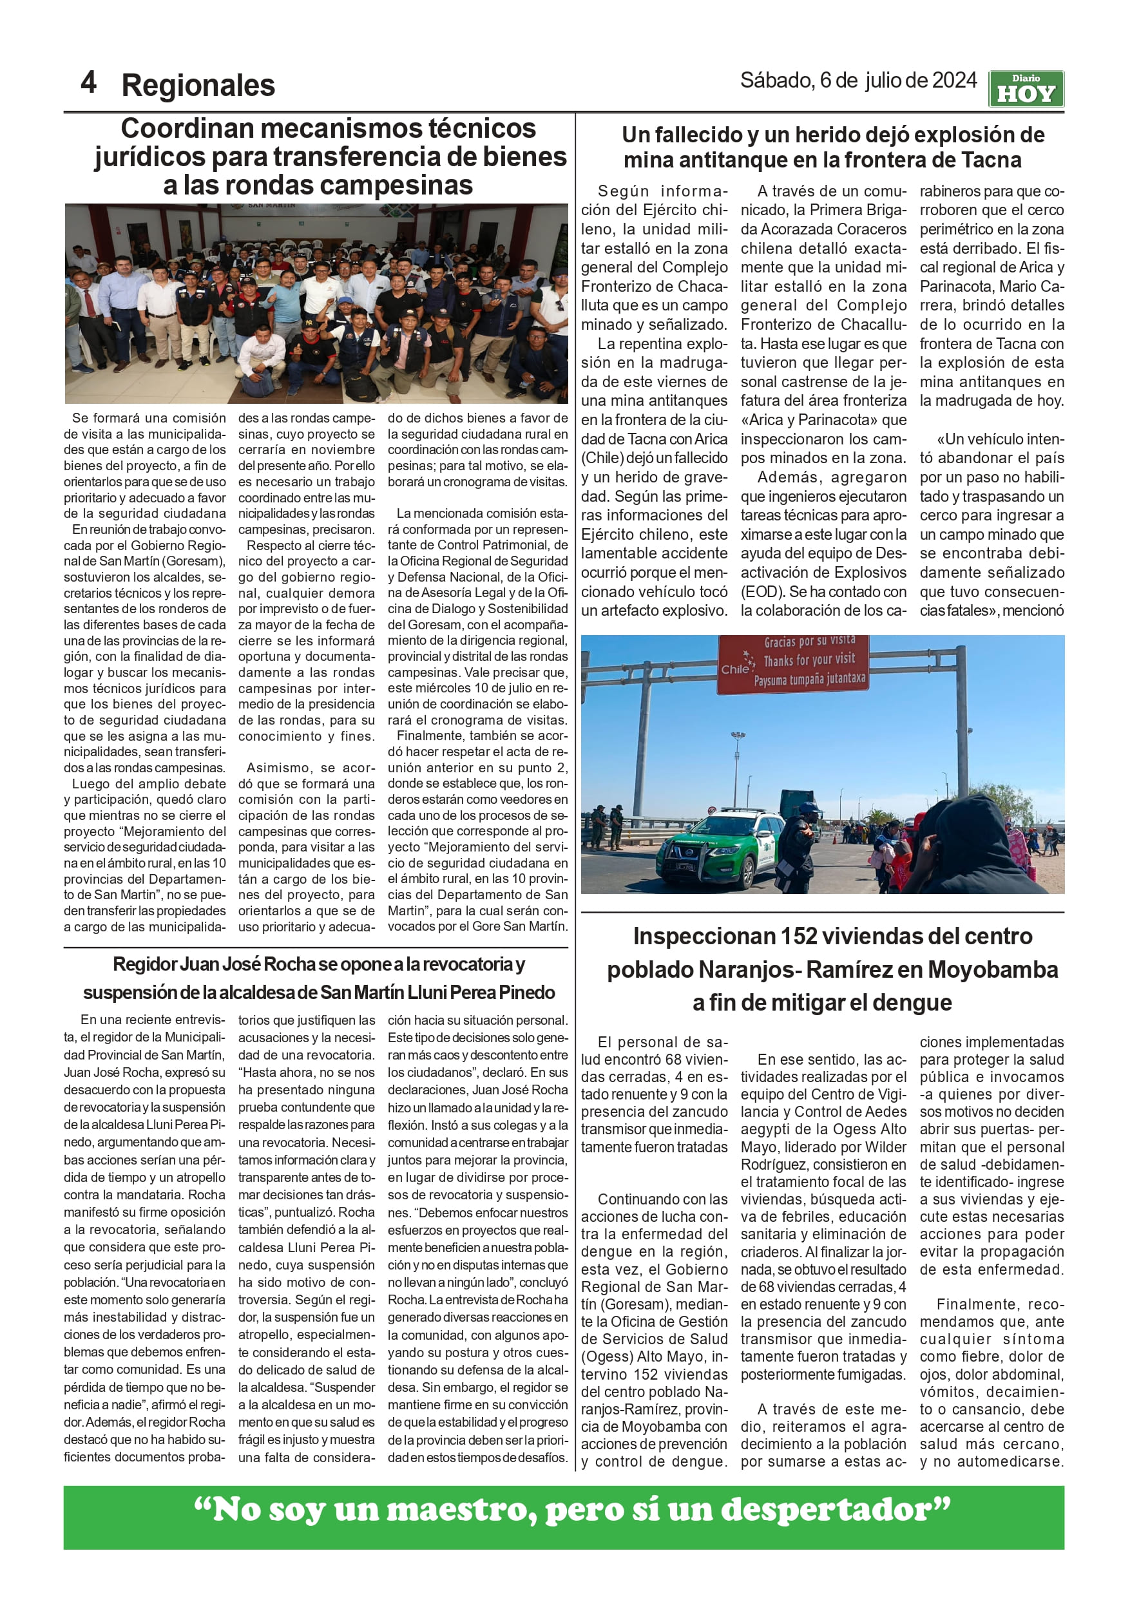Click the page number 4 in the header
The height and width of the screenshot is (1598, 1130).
pyautogui.click(x=88, y=83)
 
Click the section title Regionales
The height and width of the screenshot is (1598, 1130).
pyautogui.click(x=198, y=86)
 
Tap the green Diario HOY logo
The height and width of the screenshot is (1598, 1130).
pyautogui.click(x=1026, y=89)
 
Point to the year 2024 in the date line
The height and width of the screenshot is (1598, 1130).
pyautogui.click(x=954, y=81)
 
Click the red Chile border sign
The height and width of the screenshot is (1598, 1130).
pyautogui.click(x=793, y=664)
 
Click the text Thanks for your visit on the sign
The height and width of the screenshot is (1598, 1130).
pyautogui.click(x=809, y=659)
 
